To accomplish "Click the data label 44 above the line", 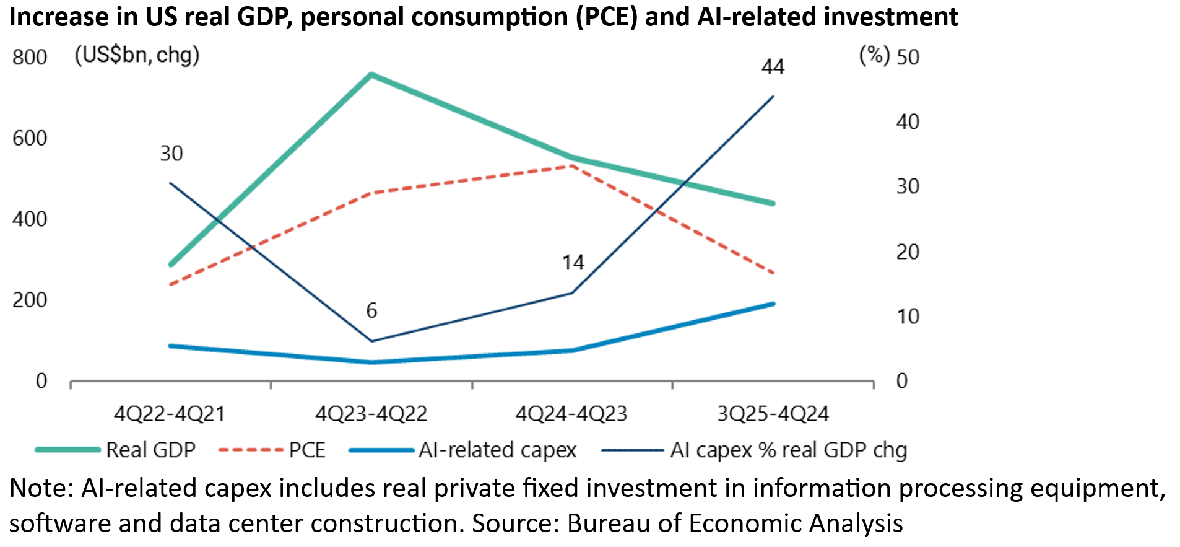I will click(773, 67).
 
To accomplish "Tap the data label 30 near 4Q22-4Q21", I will click(171, 154).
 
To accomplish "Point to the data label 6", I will click(371, 310).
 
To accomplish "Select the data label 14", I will click(573, 263).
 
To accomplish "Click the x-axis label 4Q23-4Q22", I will click(371, 414).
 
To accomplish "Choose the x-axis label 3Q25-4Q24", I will click(773, 414).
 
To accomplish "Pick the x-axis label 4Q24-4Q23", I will click(571, 414).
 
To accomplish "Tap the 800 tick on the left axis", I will click(30, 58).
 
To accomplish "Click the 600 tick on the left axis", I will click(30, 138).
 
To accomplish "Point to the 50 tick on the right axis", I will click(908, 58).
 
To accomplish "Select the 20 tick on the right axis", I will click(908, 252).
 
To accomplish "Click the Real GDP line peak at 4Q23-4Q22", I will click(371, 75).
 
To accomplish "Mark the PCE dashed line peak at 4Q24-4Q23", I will click(572, 166).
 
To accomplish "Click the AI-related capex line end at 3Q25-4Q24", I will click(773, 304).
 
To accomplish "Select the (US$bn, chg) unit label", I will click(137, 56).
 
